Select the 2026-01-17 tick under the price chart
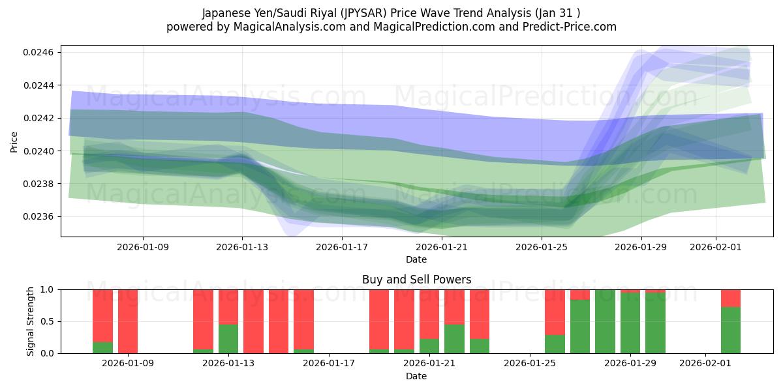pyautogui.click(x=342, y=247)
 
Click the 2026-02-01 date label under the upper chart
pyautogui.click(x=716, y=247)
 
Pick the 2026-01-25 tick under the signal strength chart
pyautogui.click(x=530, y=364)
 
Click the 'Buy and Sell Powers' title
pyautogui.click(x=416, y=280)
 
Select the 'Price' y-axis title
pyautogui.click(x=14, y=141)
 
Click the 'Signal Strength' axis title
pyautogui.click(x=30, y=321)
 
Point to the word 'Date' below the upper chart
pyautogui.click(x=416, y=259)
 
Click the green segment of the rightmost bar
pyautogui.click(x=731, y=330)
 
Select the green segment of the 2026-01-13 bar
pyautogui.click(x=228, y=339)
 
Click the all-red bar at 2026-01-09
pyautogui.click(x=128, y=321)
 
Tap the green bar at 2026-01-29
pyautogui.click(x=630, y=323)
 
